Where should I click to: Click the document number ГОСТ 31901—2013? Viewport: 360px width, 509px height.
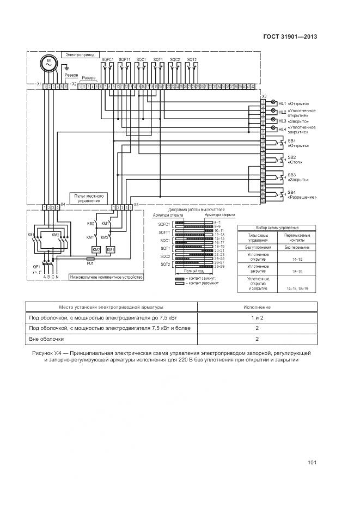[x=291, y=38]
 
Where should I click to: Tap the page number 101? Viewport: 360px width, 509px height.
[x=312, y=463]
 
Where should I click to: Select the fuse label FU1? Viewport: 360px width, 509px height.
[x=90, y=263]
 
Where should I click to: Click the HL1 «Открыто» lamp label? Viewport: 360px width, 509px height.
[x=294, y=103]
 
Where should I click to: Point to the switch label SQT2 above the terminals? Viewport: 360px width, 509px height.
[x=192, y=59]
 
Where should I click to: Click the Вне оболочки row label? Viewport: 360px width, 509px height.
[x=43, y=339]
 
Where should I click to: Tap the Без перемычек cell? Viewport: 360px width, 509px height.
[x=294, y=247]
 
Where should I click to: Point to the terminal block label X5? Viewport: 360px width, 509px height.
[x=136, y=205]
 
